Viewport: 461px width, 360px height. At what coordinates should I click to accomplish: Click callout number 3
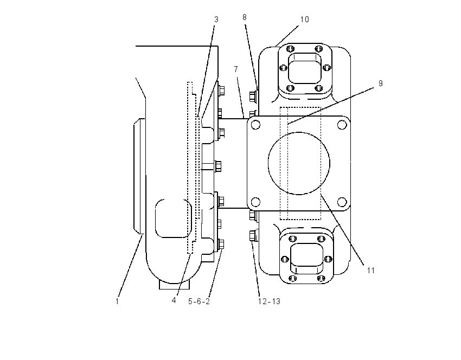tap(216, 20)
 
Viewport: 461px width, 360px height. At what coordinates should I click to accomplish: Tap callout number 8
tap(244, 17)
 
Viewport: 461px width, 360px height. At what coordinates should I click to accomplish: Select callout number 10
tap(305, 20)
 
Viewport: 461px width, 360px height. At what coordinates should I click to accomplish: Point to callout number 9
tap(380, 83)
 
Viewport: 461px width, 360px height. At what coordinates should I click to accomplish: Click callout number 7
tap(236, 69)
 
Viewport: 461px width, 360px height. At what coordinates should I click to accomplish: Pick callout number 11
tap(371, 271)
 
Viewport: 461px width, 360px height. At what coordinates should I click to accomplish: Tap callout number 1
tap(117, 301)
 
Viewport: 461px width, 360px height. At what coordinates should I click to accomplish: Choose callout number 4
tap(174, 300)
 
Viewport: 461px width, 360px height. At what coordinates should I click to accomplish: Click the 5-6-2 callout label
tap(199, 301)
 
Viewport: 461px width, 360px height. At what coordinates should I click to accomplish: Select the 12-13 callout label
tap(269, 301)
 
